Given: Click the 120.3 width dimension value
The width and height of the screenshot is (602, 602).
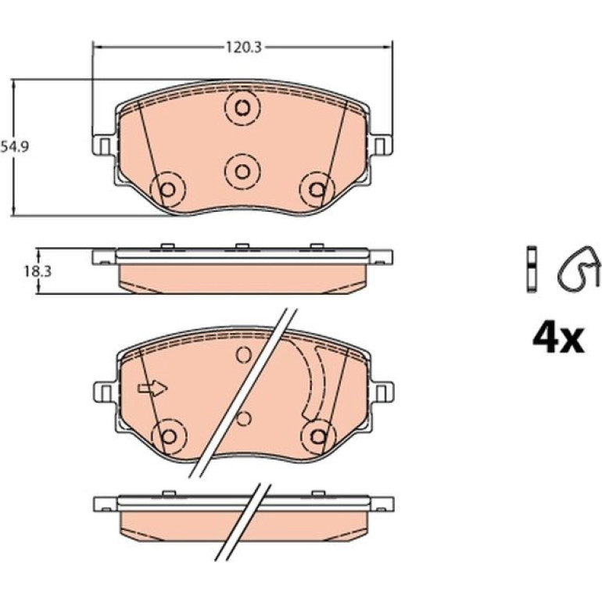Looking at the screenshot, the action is coord(243,47).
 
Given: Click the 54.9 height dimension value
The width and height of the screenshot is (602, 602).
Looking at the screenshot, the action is coord(15,147).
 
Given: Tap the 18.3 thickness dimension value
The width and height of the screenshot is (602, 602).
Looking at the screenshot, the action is coord(38,272).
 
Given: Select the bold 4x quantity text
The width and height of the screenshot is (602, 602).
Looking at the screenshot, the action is coord(558,339).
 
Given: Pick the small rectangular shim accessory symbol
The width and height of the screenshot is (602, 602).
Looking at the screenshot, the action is coord(532,267).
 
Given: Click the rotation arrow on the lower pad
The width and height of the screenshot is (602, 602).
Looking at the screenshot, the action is coord(152,388).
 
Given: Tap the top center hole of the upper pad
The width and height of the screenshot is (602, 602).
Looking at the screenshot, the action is coord(242,108).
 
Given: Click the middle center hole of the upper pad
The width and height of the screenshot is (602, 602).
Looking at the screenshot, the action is coord(242,172).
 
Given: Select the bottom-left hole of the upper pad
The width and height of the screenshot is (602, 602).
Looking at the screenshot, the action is coord(168,189).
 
